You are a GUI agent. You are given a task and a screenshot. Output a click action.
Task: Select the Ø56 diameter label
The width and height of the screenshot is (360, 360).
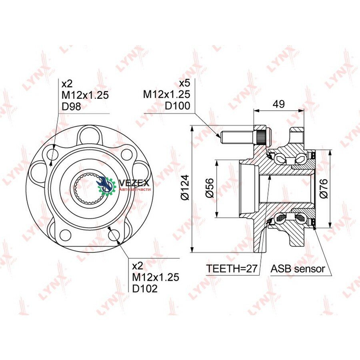point(209,188)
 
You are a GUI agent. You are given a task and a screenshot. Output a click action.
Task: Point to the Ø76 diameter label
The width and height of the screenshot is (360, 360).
point(324,188)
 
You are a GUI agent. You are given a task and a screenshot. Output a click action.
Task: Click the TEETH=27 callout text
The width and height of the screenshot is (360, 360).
point(232,268)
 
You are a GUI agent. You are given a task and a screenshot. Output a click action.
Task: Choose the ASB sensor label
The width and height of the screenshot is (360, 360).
point(298,268)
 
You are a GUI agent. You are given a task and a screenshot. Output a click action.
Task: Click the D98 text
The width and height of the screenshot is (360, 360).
point(72,106)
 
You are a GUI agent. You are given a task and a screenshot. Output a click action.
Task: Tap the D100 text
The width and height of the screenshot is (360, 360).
point(178,106)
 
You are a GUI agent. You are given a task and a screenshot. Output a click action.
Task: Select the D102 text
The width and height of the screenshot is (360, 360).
point(145,288)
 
